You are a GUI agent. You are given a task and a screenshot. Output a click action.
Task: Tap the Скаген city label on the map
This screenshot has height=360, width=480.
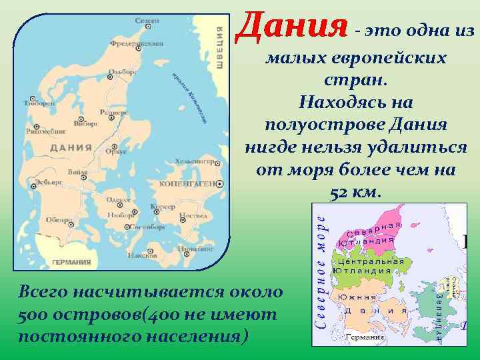coord(147,22)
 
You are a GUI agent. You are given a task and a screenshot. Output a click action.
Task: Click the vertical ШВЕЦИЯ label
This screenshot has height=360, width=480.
coord(219,47)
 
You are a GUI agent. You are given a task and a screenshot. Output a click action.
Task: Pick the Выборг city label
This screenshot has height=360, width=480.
coord(87,123)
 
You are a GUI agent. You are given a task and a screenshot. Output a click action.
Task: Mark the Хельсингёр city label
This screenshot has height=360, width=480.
coord(193,161)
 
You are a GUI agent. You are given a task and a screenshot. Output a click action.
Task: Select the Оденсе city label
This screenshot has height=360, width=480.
coord(119,200)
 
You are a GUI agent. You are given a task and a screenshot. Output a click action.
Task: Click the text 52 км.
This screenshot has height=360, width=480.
coord(355,193)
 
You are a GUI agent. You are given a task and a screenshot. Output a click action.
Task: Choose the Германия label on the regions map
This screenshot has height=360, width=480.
coord(365,337)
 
